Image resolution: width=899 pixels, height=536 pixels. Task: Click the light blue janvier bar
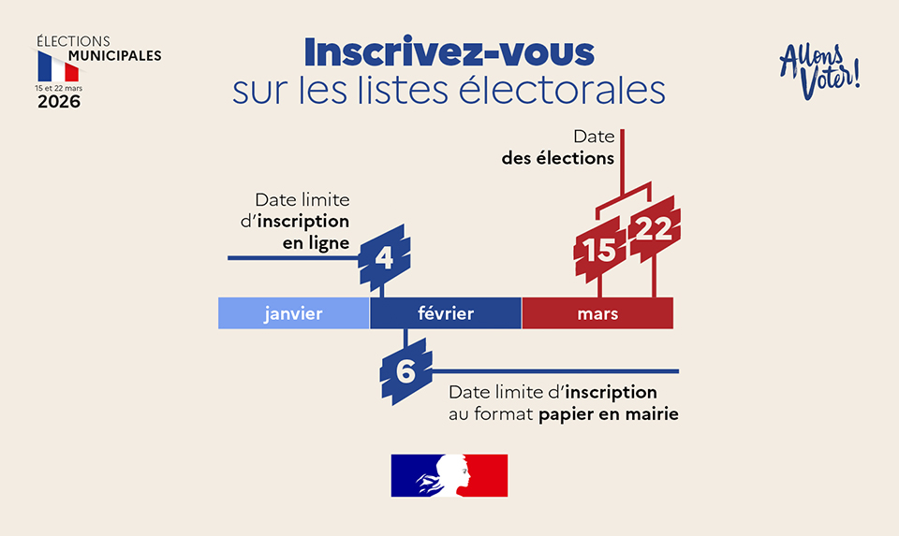click(293, 313)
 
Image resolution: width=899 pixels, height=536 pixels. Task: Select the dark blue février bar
click(446, 313)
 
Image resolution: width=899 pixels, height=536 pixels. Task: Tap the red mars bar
click(597, 313)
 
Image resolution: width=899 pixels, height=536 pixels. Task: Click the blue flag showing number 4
click(384, 256)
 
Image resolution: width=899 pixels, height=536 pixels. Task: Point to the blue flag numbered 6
click(406, 370)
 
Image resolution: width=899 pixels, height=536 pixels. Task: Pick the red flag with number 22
click(654, 230)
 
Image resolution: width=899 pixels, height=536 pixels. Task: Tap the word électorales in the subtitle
click(575, 91)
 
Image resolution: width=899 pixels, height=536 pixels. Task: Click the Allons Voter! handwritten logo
click(819, 70)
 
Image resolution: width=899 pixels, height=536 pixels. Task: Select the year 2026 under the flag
click(58, 102)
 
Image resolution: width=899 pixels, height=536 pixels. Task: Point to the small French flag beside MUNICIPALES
click(58, 66)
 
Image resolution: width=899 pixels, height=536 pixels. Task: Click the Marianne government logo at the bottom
click(449, 475)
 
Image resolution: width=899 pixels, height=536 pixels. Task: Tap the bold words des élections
click(558, 158)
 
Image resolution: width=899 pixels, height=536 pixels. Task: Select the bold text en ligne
click(316, 242)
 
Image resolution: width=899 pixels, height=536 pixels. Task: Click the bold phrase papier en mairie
click(609, 413)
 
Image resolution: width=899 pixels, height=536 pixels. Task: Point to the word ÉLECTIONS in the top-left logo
click(73, 41)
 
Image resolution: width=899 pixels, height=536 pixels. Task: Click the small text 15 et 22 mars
click(58, 87)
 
